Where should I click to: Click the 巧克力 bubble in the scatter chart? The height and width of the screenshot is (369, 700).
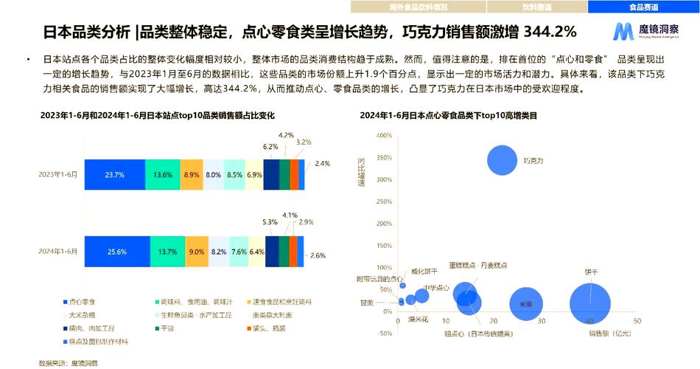[x=503, y=160]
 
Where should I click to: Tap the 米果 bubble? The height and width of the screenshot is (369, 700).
[x=525, y=303]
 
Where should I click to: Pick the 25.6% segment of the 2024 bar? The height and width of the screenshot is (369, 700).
[x=116, y=252]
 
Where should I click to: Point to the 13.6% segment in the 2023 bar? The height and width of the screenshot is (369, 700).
[x=163, y=175]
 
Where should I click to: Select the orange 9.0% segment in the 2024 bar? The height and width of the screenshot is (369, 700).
[x=197, y=252]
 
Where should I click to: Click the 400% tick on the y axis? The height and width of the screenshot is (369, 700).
[x=383, y=136]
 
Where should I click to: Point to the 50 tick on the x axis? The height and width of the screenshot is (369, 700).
[x=637, y=321]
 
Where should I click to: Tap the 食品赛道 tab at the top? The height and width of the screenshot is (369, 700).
[x=643, y=7]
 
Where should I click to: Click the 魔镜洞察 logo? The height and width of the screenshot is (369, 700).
[x=648, y=30]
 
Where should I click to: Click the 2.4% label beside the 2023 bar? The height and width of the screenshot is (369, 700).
[x=322, y=163]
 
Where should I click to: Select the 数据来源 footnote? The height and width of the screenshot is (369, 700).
[x=69, y=363]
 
